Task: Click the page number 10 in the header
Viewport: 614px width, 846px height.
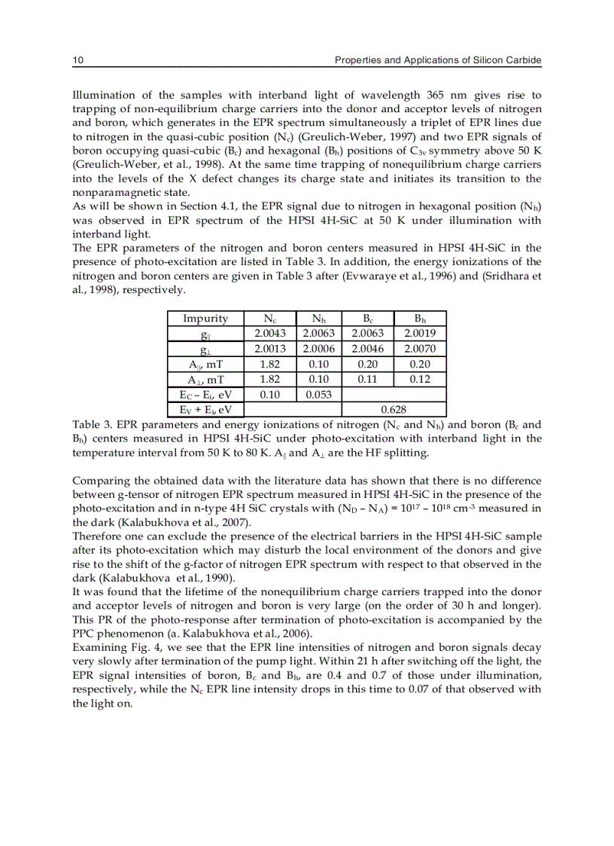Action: pos(77,60)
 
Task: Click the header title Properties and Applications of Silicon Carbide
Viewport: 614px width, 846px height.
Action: pos(438,60)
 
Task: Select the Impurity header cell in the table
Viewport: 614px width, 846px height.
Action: pos(205,319)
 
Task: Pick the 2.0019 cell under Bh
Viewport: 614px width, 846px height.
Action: pos(420,334)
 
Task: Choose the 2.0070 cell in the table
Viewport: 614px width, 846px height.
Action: pos(420,349)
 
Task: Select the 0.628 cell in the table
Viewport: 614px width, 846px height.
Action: pos(394,409)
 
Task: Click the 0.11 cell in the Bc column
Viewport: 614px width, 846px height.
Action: pos(367,379)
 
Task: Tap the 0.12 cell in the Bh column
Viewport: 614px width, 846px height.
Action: pos(420,379)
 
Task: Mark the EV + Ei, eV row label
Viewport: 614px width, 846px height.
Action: pos(205,409)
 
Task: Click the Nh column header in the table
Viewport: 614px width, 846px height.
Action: pos(319,319)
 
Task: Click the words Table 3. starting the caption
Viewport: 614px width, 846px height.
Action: pos(90,425)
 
